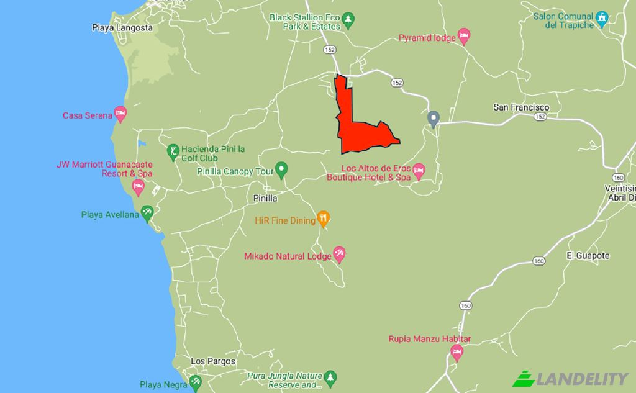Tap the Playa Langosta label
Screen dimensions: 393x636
pos(122,27)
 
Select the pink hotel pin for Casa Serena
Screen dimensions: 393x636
pos(120,114)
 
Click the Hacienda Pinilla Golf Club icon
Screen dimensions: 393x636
pos(173,150)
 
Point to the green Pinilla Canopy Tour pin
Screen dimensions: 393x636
pos(281,168)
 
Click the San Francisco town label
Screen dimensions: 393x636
pos(521,107)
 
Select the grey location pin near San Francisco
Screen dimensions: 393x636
pos(434,117)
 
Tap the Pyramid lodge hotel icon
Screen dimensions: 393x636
pos(463,36)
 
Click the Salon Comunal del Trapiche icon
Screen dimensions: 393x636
pos(601,18)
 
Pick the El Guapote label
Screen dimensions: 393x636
pos(588,255)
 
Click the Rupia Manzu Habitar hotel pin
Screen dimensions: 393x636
pos(457,353)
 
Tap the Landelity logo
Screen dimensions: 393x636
pos(570,377)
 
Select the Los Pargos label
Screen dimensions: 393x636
pos(213,361)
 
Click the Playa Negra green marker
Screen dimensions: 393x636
pos(195,380)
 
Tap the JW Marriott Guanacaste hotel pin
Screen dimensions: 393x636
pos(138,186)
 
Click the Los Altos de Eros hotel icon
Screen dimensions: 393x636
pos(419,170)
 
